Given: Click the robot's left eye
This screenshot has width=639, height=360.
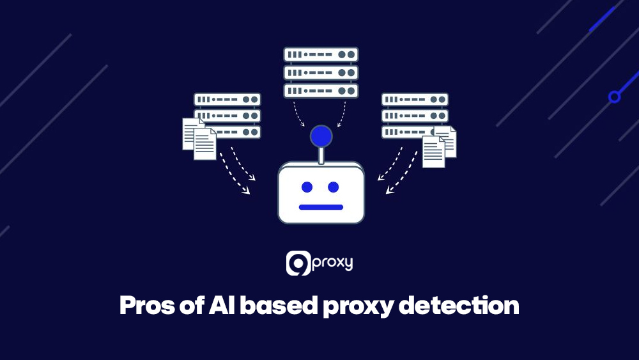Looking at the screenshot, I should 307,187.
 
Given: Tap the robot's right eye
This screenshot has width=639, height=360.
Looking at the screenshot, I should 333,187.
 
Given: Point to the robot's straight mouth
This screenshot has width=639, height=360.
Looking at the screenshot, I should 321,207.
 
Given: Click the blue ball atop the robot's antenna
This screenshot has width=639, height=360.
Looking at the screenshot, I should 321,136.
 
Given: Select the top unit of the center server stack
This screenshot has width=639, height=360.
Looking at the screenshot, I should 321,55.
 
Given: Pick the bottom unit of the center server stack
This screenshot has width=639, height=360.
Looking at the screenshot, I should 321,90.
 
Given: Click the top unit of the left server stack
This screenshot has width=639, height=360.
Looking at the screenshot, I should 227,100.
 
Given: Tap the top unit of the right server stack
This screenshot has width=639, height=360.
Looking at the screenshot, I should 415,100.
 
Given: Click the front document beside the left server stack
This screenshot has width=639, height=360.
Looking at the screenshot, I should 205,144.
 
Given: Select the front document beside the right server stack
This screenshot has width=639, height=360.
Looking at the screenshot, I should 433,152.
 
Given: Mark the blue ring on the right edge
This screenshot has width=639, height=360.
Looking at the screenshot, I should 614,97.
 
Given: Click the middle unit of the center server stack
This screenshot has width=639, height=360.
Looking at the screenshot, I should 321,73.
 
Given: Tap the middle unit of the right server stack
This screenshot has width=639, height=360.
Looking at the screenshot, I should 415,116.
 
